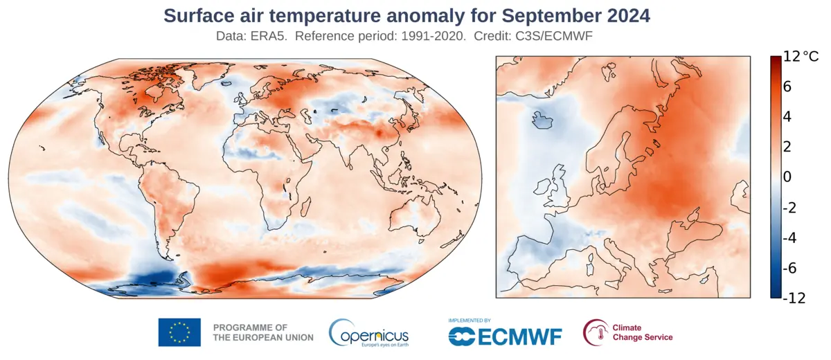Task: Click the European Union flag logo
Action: click(179, 332)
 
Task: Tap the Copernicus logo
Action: click(368, 333)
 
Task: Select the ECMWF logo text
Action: click(506, 336)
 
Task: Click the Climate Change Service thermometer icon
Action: click(595, 332)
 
